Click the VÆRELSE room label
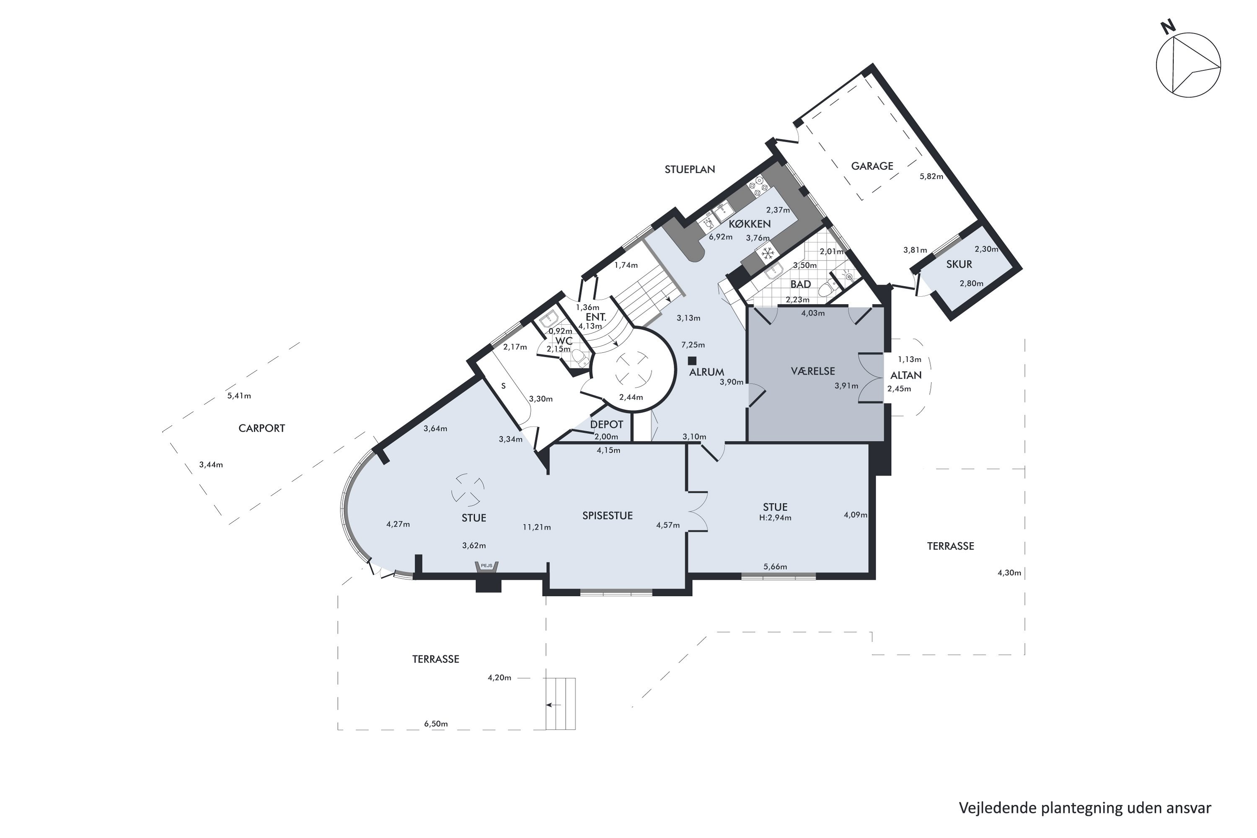click(x=812, y=371)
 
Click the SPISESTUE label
click(x=607, y=516)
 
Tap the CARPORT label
click(x=261, y=428)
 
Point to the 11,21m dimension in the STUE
click(x=537, y=527)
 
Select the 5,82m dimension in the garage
click(x=931, y=176)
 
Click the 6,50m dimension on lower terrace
click(x=436, y=724)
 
